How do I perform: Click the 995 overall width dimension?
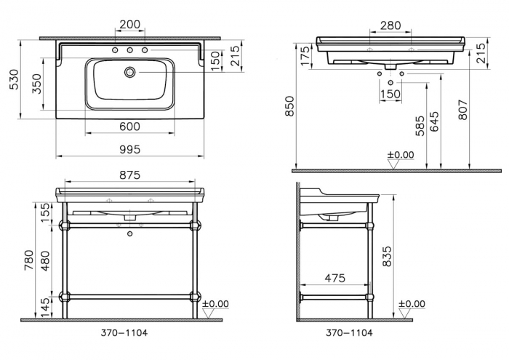point(129,148)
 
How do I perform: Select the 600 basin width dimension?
point(129,126)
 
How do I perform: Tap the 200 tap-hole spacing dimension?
point(129,24)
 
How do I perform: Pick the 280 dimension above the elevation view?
point(390,25)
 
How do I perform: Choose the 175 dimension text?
point(305,54)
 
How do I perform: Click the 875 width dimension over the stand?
point(129,175)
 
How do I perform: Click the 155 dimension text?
point(44,212)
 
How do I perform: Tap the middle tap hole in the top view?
point(129,51)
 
